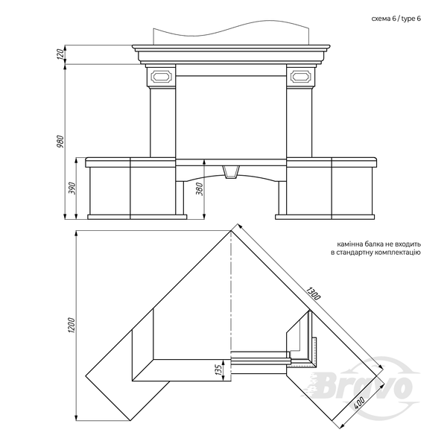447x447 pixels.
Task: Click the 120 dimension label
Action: coord(60,54)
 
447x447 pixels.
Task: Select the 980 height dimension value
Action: coord(60,142)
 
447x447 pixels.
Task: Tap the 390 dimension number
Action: coord(72,188)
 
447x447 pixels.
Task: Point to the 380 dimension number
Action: coord(200,189)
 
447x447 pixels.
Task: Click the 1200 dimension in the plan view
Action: coord(72,326)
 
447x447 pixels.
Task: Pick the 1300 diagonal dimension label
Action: coord(314,294)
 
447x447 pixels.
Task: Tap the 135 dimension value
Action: coord(218,370)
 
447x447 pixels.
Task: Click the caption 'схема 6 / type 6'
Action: coord(396,19)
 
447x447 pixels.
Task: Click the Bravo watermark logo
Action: coord(365,385)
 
